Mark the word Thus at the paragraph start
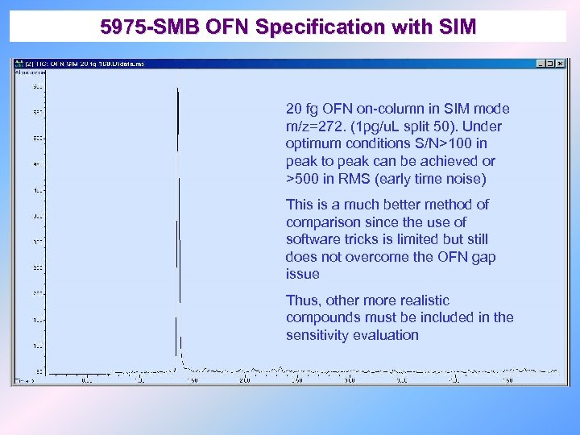pyautogui.click(x=300, y=300)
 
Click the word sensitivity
pyautogui.click(x=317, y=335)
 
